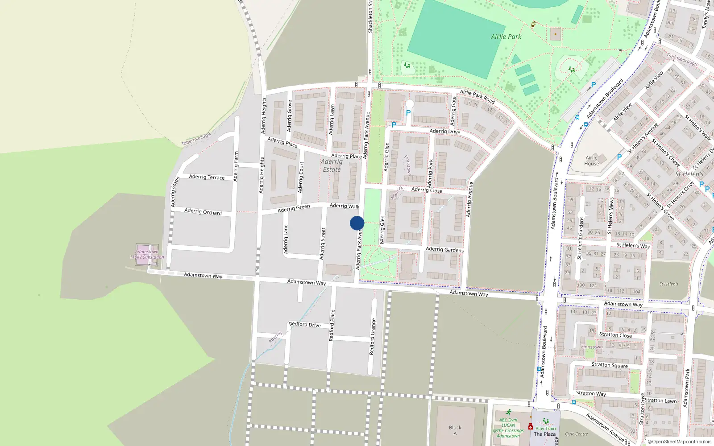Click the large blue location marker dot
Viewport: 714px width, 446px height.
pyautogui.click(x=357, y=223)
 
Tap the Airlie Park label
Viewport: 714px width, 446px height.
pyautogui.click(x=506, y=37)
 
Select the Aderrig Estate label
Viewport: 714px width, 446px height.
pyautogui.click(x=332, y=165)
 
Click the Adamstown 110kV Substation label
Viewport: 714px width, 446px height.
pyautogui.click(x=147, y=255)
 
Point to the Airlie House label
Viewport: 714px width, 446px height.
pyautogui.click(x=592, y=161)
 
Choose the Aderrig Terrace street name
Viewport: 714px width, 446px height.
pyautogui.click(x=207, y=177)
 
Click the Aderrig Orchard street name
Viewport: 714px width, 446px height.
pyautogui.click(x=203, y=211)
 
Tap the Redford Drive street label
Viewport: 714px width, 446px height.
pyautogui.click(x=305, y=324)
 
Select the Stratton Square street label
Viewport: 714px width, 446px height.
pyautogui.click(x=610, y=365)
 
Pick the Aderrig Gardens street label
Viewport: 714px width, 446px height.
pyautogui.click(x=444, y=250)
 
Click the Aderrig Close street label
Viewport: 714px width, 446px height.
pyautogui.click(x=427, y=190)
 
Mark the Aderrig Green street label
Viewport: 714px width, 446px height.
pyautogui.click(x=294, y=208)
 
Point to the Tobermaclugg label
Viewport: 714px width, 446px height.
pyautogui.click(x=196, y=140)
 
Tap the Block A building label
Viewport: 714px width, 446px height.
pyautogui.click(x=455, y=430)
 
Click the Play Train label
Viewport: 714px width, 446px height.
pyautogui.click(x=546, y=428)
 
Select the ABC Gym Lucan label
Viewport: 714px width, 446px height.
pyautogui.click(x=508, y=422)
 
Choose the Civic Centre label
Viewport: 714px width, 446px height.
pyautogui.click(x=576, y=434)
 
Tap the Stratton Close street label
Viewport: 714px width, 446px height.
pyautogui.click(x=615, y=334)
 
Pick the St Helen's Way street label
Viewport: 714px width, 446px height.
pyautogui.click(x=633, y=245)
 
